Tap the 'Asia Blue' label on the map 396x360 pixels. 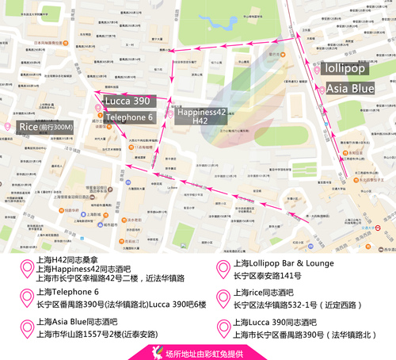click(x=350, y=89)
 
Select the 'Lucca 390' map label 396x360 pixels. click(x=128, y=101)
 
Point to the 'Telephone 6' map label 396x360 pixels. click(x=129, y=117)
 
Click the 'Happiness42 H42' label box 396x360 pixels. click(x=201, y=116)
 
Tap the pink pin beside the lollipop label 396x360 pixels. click(x=318, y=69)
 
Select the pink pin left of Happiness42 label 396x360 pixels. click(x=170, y=114)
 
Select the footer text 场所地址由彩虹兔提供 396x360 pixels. click(x=206, y=351)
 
